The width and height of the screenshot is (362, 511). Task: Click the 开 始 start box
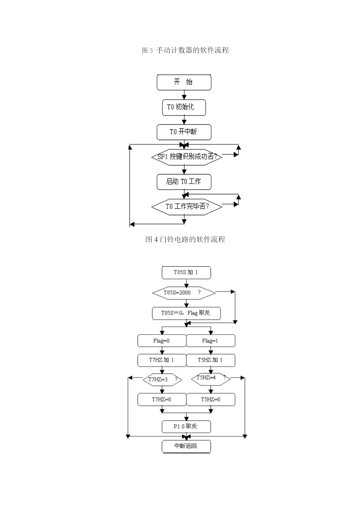(x=184, y=82)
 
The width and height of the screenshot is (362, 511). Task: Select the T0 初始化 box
(x=184, y=107)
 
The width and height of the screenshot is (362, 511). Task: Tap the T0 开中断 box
(x=184, y=132)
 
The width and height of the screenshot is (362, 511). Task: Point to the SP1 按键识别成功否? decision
(x=187, y=157)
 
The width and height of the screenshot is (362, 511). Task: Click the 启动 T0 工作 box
(x=184, y=182)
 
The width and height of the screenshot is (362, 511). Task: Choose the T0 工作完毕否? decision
(x=187, y=207)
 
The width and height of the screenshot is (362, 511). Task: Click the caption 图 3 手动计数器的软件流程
(x=185, y=50)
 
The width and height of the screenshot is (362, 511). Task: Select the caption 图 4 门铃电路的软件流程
(x=185, y=239)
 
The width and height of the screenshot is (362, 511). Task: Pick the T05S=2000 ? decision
(x=184, y=293)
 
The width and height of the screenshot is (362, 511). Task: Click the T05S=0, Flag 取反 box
(x=186, y=313)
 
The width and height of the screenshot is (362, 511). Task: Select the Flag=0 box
(x=162, y=341)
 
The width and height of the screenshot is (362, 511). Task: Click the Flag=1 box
(x=211, y=341)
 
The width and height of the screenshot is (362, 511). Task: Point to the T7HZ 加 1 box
(x=162, y=360)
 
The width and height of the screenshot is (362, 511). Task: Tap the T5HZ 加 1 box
(x=211, y=360)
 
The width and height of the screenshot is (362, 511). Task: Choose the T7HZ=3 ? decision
(x=162, y=380)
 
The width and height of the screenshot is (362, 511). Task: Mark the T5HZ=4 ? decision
(x=211, y=379)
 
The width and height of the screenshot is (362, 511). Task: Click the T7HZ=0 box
(x=162, y=399)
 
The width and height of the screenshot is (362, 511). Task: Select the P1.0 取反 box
(x=186, y=427)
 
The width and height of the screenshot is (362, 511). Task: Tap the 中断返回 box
(x=186, y=446)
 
